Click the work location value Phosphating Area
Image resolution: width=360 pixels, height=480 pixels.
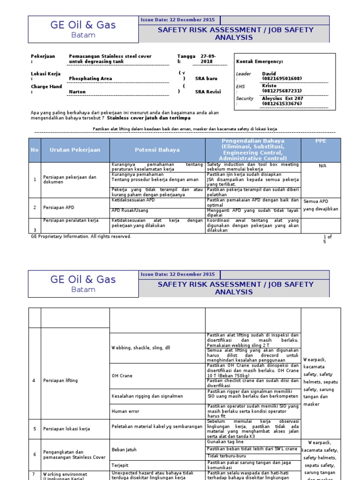coord(90,79)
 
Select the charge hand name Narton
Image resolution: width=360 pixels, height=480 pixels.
coord(77,92)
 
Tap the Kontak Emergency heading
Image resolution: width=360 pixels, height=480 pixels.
coord(259,61)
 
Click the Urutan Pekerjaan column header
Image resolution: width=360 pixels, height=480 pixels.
coord(75,150)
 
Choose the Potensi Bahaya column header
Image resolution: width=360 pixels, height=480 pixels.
coord(157,150)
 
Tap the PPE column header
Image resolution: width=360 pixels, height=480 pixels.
coord(321,141)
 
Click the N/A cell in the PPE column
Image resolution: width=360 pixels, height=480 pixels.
coord(322,166)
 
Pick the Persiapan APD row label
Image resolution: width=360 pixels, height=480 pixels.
coord(59,207)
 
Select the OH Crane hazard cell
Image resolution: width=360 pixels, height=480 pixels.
coord(121,376)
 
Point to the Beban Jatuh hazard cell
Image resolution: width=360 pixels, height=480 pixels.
coord(124,450)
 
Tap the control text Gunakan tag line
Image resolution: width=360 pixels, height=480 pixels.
coord(225,442)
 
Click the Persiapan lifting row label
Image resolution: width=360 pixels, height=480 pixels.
coord(60,380)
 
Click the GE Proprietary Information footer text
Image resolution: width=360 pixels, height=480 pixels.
coord(81,237)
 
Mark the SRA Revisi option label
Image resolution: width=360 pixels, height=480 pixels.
coord(208,92)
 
